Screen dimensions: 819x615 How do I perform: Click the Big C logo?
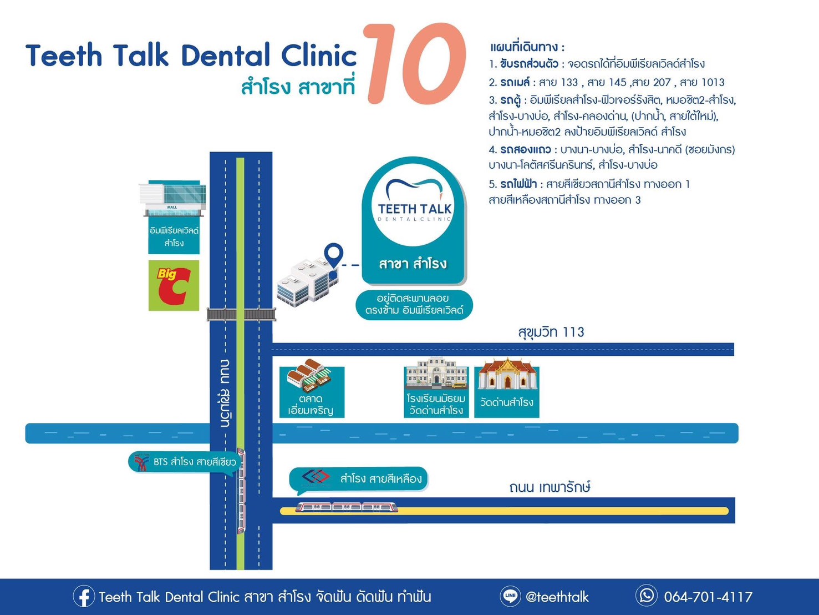[x=174, y=285]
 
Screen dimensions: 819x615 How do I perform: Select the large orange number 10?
[x=415, y=63]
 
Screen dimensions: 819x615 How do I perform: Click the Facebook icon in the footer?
[x=84, y=596]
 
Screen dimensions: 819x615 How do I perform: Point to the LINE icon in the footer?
[x=510, y=596]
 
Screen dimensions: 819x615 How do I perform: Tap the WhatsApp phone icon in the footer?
[x=646, y=596]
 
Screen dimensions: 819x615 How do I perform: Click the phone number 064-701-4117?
[x=708, y=597]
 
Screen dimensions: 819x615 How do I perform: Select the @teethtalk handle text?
[x=557, y=597]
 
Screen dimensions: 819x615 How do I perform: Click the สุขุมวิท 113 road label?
[x=551, y=332]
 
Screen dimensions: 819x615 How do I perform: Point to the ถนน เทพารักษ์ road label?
[x=550, y=487]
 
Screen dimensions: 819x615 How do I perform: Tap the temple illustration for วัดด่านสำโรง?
[x=507, y=374]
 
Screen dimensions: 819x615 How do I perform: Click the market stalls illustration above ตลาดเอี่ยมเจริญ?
[x=309, y=376]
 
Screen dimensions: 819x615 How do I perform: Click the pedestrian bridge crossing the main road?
[x=241, y=314]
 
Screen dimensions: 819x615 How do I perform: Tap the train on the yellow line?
[x=347, y=507]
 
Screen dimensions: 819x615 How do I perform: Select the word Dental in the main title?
[x=226, y=56]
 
